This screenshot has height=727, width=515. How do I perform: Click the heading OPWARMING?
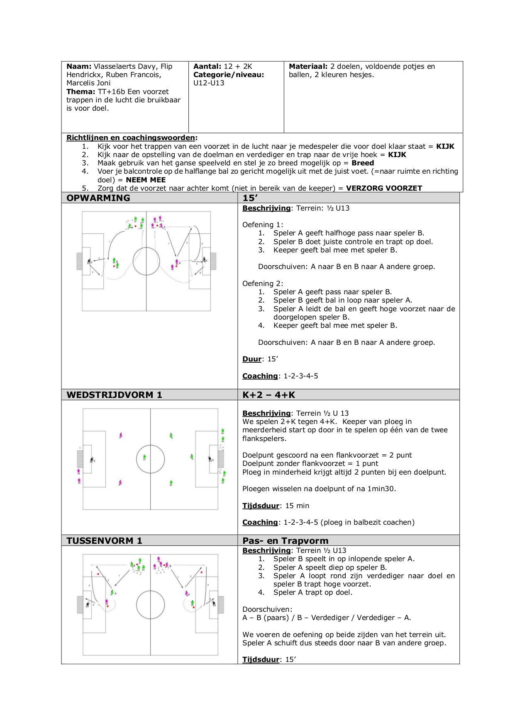98,198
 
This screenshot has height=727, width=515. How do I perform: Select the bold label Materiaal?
308,66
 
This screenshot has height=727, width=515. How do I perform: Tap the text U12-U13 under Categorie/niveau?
209,83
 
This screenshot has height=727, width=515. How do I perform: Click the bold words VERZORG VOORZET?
384,188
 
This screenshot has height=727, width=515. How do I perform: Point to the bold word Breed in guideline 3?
363,163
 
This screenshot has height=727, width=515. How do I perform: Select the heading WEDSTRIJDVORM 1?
114,395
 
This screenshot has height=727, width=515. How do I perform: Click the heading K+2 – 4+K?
268,395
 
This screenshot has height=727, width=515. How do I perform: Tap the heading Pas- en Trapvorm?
285,540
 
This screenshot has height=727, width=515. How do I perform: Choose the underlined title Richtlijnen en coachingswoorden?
131,138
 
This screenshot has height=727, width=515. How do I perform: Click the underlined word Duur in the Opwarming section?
252,359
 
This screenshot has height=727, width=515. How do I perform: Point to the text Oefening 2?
263,284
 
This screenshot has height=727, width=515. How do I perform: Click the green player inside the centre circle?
144,457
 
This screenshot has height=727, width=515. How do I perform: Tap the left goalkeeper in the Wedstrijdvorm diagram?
92,460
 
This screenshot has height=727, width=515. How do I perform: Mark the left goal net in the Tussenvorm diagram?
80,605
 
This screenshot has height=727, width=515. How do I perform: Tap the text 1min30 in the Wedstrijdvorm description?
381,489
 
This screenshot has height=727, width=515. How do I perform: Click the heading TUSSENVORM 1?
104,540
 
